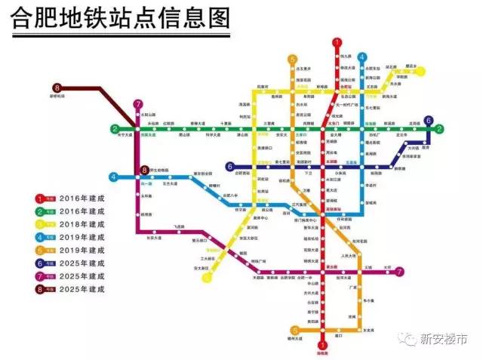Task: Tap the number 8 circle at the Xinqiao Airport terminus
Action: coord(57,89)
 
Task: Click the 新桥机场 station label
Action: coord(58,98)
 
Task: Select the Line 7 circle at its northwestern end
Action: coord(137,104)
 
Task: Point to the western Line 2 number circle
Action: coord(115,128)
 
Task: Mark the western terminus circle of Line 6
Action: coord(229,166)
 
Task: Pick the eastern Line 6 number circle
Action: coord(428,121)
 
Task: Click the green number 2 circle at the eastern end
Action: coord(438,128)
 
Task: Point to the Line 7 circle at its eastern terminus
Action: coord(399,272)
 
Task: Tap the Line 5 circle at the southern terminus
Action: coord(294,330)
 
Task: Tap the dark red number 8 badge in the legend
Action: coord(42,289)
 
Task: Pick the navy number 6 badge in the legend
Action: coord(42,263)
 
